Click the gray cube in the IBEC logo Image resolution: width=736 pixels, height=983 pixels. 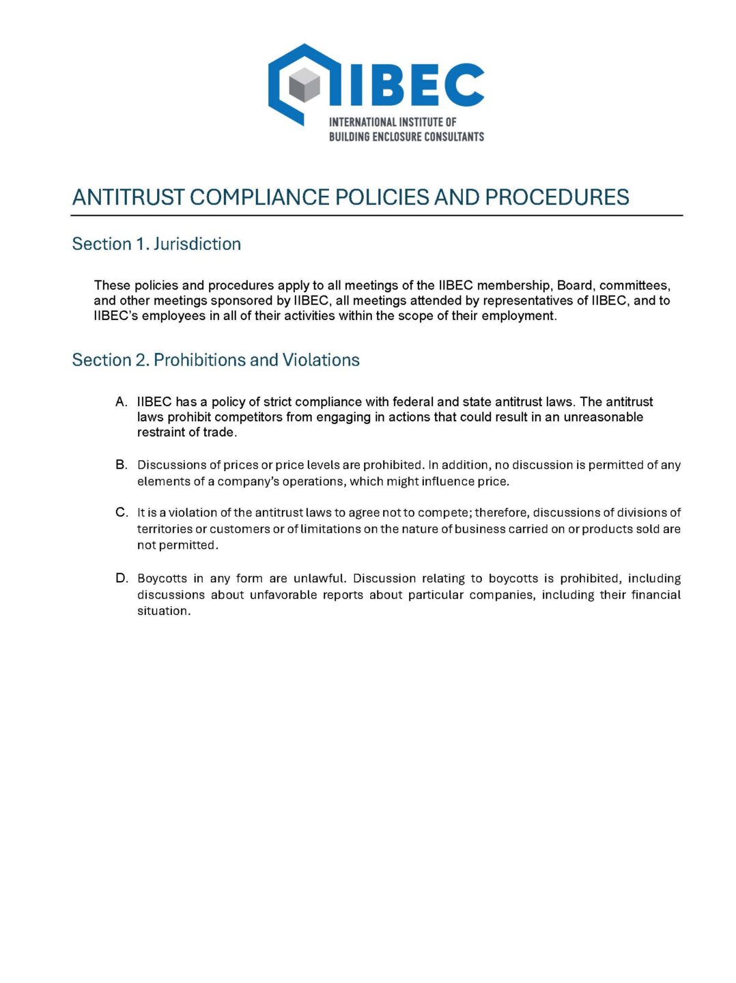pyautogui.click(x=304, y=86)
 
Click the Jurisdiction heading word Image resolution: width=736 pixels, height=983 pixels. pyautogui.click(x=197, y=244)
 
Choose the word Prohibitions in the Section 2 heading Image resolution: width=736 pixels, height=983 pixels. pyautogui.click(x=200, y=360)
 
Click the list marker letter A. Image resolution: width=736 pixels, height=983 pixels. pyautogui.click(x=121, y=401)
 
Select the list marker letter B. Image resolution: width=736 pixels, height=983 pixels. pyautogui.click(x=121, y=465)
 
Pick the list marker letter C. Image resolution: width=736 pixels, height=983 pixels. pyautogui.click(x=121, y=513)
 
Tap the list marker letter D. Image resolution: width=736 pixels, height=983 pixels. pyautogui.click(x=121, y=578)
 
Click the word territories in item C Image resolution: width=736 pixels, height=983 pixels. pyautogui.click(x=165, y=529)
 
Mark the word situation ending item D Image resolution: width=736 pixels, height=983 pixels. pyautogui.click(x=162, y=611)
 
